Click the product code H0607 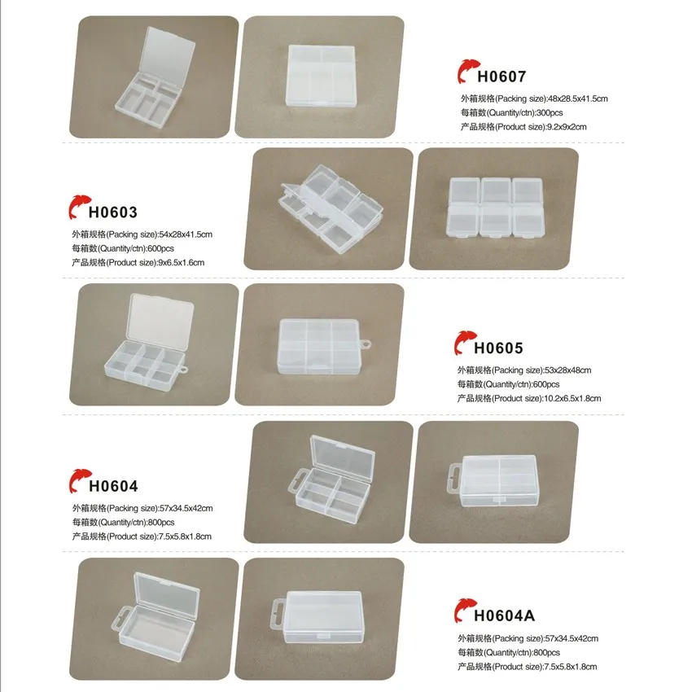pos(501,77)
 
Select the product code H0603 pos(114,212)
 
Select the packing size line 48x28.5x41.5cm pos(534,99)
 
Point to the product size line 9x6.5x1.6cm pos(138,262)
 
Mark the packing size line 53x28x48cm pos(524,370)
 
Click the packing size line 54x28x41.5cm pos(142,234)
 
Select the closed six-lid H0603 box pos(495,209)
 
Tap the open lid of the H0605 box pos(162,319)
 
